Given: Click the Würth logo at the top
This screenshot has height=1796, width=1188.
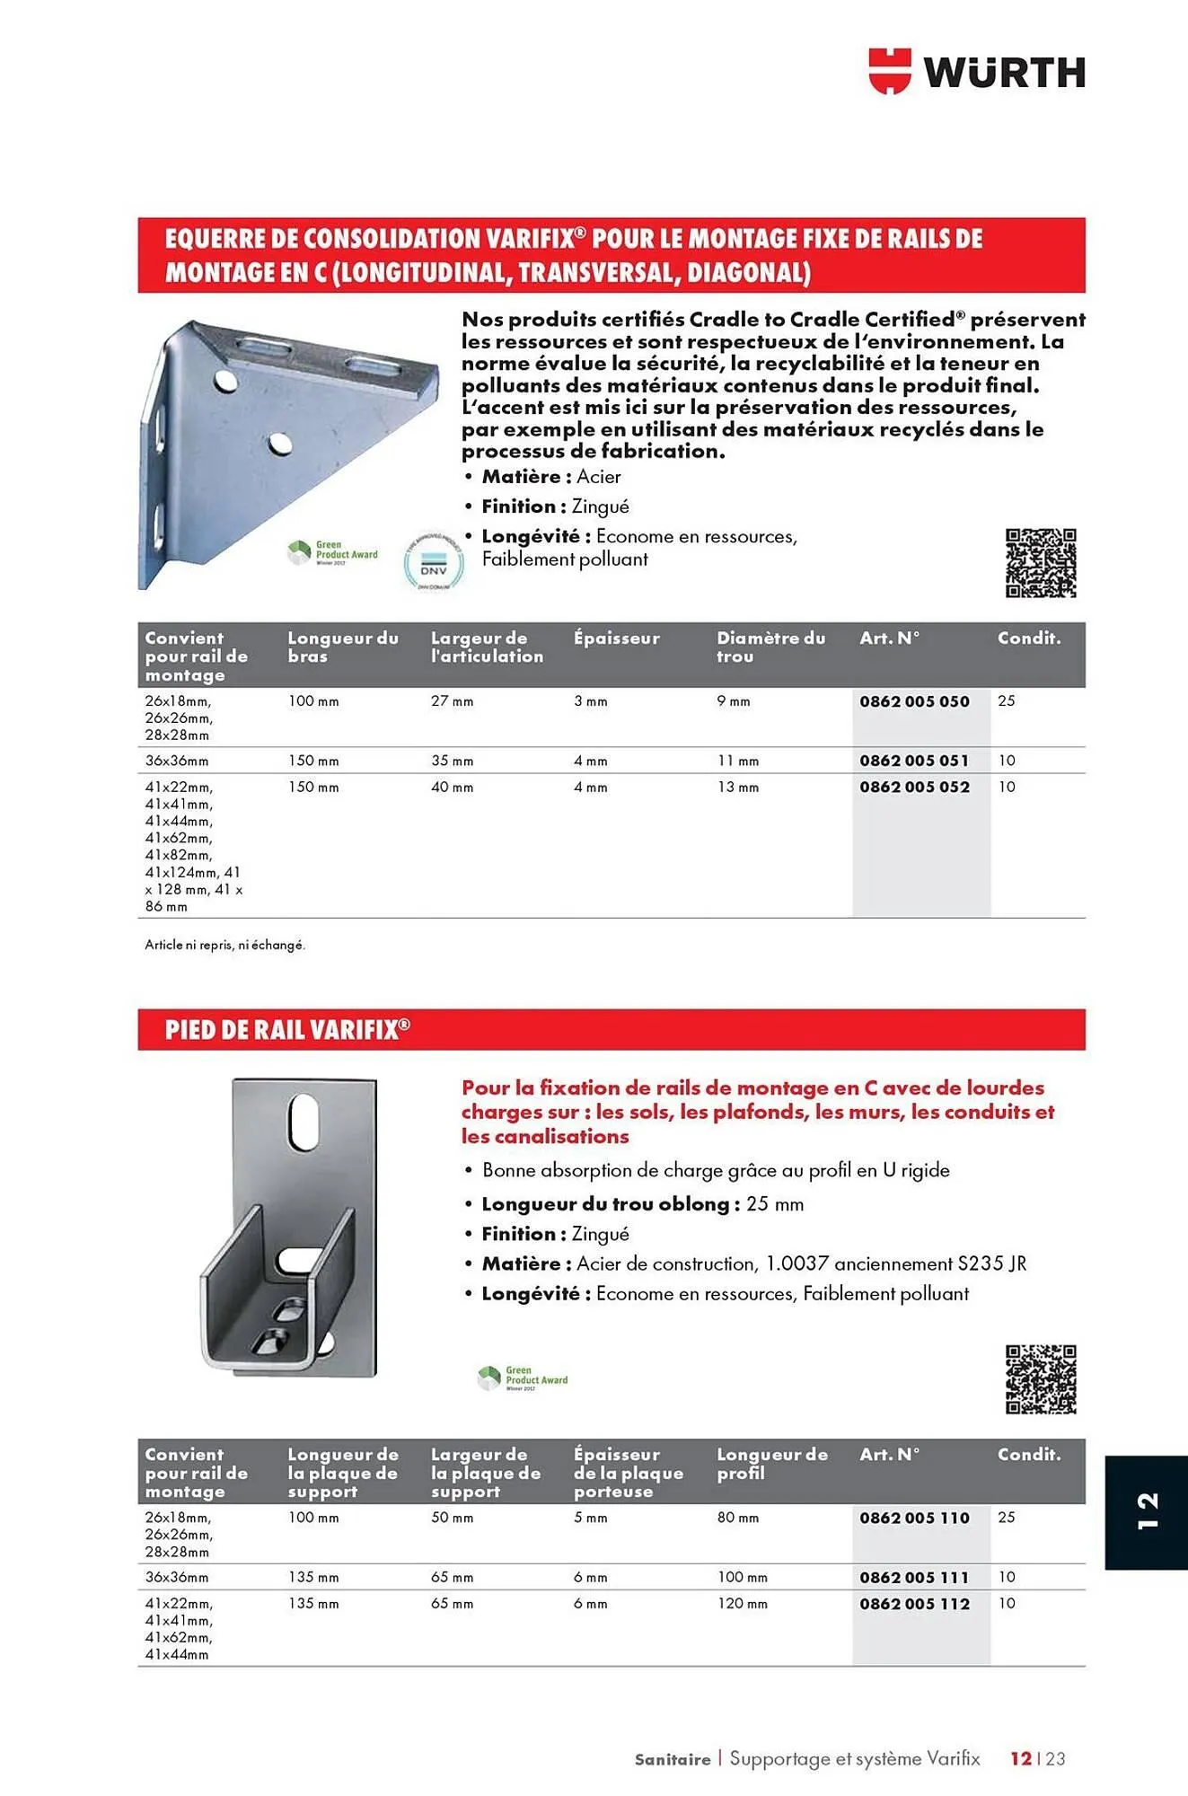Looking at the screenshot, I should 976,72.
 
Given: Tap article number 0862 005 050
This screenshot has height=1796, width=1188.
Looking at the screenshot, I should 914,701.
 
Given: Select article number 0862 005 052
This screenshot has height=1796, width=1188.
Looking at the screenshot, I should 914,787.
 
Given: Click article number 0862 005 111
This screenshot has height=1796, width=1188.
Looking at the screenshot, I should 914,1577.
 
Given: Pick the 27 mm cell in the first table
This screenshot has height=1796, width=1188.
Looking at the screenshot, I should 452,701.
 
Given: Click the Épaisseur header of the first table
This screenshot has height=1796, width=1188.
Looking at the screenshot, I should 616,638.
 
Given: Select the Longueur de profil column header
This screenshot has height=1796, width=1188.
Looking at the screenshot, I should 771,1463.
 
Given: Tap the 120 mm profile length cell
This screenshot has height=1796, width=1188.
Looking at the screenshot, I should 742,1604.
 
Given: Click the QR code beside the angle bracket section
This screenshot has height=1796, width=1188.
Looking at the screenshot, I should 1041,563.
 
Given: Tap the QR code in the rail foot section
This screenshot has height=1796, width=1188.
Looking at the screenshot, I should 1041,1379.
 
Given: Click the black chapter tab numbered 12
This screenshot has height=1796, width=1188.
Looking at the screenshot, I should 1146,1512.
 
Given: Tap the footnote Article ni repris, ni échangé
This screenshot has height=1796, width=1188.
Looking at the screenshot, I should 225,945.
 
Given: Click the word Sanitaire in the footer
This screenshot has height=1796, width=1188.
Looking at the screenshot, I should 673,1759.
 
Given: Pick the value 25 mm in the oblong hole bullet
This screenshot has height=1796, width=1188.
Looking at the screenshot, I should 775,1204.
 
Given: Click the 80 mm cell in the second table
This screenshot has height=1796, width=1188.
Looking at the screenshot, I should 737,1518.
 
